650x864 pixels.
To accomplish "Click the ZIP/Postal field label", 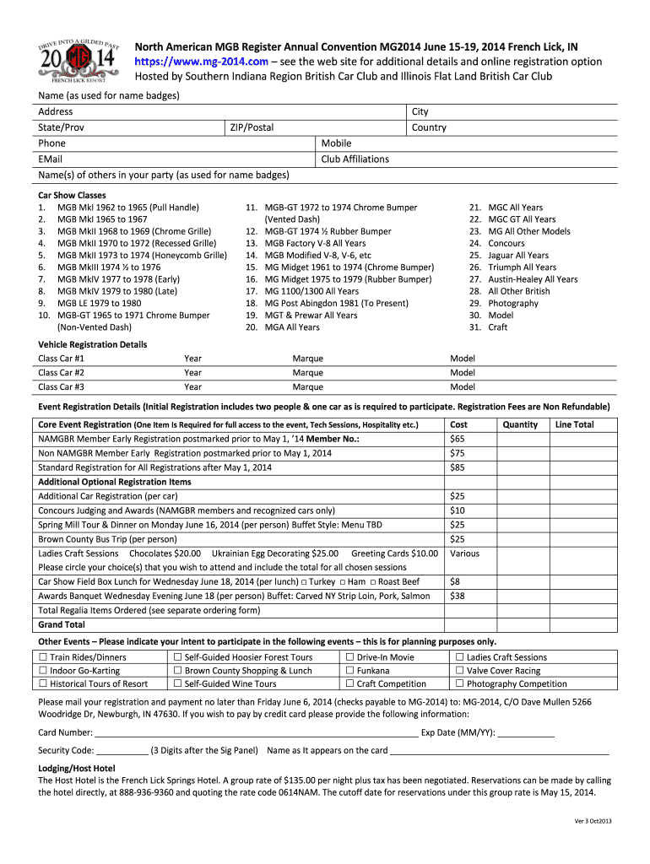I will (x=252, y=127).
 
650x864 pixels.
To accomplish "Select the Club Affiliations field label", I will (x=355, y=159).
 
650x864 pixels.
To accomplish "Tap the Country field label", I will (x=429, y=127).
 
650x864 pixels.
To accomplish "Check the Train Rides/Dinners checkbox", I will (x=43, y=657).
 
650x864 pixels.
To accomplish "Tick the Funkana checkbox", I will (x=349, y=671).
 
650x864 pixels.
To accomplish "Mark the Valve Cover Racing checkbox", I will (x=460, y=671).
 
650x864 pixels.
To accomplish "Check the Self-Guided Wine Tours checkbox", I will (x=178, y=684).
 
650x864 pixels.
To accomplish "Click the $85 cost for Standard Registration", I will (x=458, y=467).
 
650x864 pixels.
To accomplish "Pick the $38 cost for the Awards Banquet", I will (x=458, y=595).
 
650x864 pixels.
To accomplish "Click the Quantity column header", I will (x=520, y=424).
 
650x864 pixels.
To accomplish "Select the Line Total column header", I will (x=573, y=424).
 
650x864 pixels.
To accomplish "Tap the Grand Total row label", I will (x=62, y=624).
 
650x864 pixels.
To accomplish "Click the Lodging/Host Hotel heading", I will (x=77, y=769).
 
